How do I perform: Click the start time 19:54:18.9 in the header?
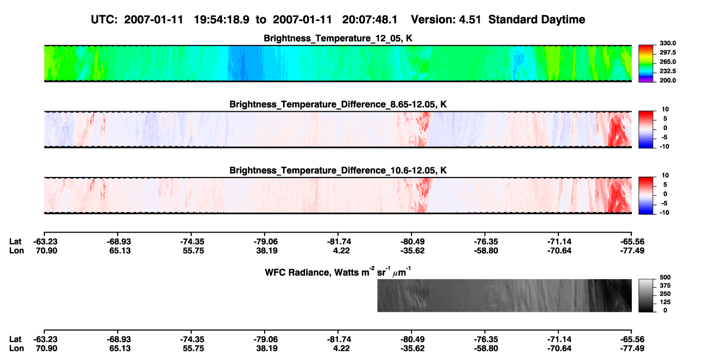(221, 20)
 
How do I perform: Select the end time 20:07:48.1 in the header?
(370, 20)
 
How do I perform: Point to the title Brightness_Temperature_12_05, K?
(338, 38)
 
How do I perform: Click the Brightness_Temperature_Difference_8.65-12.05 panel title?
(338, 105)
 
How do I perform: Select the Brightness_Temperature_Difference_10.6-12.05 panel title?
(338, 171)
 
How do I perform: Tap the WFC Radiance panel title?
(338, 272)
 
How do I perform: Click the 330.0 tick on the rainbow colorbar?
(667, 43)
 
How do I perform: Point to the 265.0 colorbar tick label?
(667, 62)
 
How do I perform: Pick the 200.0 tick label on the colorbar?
(667, 80)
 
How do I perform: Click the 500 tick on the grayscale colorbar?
(665, 277)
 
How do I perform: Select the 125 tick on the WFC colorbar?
(665, 302)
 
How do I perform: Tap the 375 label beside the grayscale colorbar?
(665, 286)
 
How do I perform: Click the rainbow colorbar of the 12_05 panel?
(646, 64)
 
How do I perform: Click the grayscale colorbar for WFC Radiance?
(646, 295)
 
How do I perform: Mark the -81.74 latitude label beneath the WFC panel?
(339, 339)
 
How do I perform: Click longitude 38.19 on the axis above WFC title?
(266, 251)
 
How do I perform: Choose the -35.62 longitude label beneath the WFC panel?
(413, 349)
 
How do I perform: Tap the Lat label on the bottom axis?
(15, 339)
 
